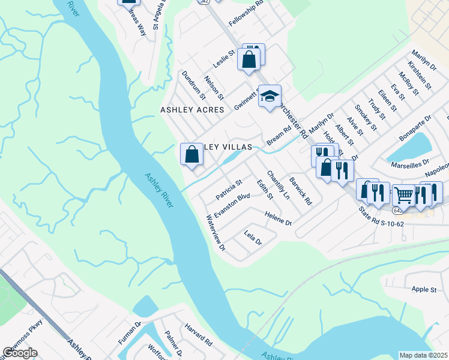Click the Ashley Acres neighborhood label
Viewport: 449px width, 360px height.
192,110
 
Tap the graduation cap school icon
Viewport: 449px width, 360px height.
270,96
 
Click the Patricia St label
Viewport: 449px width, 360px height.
229,190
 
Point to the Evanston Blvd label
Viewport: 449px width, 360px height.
232,206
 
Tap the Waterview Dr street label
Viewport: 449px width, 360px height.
215,233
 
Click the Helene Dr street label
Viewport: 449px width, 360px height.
278,218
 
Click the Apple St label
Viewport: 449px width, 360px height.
424,290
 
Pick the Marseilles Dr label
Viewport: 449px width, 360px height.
411,163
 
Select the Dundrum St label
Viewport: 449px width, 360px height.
194,85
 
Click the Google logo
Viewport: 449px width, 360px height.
20,353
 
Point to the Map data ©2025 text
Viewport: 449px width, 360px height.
424,355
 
